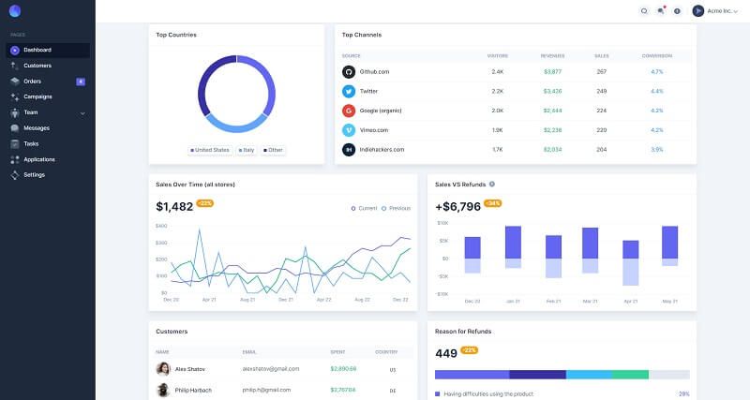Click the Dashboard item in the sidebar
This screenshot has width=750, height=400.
(37, 50)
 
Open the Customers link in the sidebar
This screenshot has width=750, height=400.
(37, 66)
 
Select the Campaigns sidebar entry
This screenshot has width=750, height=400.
(37, 96)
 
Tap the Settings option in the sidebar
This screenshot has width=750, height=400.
(34, 174)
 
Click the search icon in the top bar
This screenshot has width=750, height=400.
(644, 11)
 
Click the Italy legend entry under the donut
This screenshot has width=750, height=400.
(247, 150)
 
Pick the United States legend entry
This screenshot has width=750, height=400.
(211, 150)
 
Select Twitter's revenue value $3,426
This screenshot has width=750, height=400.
(552, 91)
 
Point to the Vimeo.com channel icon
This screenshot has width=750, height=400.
(349, 129)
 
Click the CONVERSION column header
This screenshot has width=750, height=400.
(656, 56)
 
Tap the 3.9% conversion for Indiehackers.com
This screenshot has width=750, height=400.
(656, 149)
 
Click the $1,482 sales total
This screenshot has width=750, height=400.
(174, 206)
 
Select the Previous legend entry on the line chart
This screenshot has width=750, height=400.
(397, 208)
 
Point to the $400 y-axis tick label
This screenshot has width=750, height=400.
(161, 226)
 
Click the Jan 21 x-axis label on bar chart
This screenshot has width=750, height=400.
(513, 301)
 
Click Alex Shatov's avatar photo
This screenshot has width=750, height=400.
(163, 369)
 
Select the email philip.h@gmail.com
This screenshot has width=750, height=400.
(266, 390)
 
